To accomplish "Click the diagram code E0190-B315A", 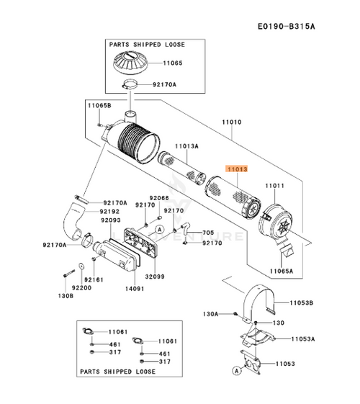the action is [x=287, y=26].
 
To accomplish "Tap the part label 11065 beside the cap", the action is [x=173, y=63].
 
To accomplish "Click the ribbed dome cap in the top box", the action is [x=131, y=63].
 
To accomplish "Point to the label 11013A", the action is [x=186, y=146].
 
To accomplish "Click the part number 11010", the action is [x=232, y=122].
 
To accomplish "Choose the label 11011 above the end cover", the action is [x=274, y=186].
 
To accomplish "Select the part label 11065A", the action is [x=282, y=271].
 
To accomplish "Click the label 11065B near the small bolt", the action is [x=99, y=105].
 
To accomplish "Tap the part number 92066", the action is [x=159, y=198].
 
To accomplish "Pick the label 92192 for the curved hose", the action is [x=109, y=211].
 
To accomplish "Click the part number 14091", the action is [x=135, y=289].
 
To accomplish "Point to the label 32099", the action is [x=155, y=277].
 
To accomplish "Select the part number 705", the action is [x=208, y=233].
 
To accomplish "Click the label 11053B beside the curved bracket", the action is [x=301, y=302].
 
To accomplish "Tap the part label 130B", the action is [x=66, y=296].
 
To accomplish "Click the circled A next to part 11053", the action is [x=237, y=371].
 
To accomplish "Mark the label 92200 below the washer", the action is [x=81, y=288].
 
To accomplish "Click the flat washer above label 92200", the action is [x=81, y=266].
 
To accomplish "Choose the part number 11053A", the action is [x=303, y=338].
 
